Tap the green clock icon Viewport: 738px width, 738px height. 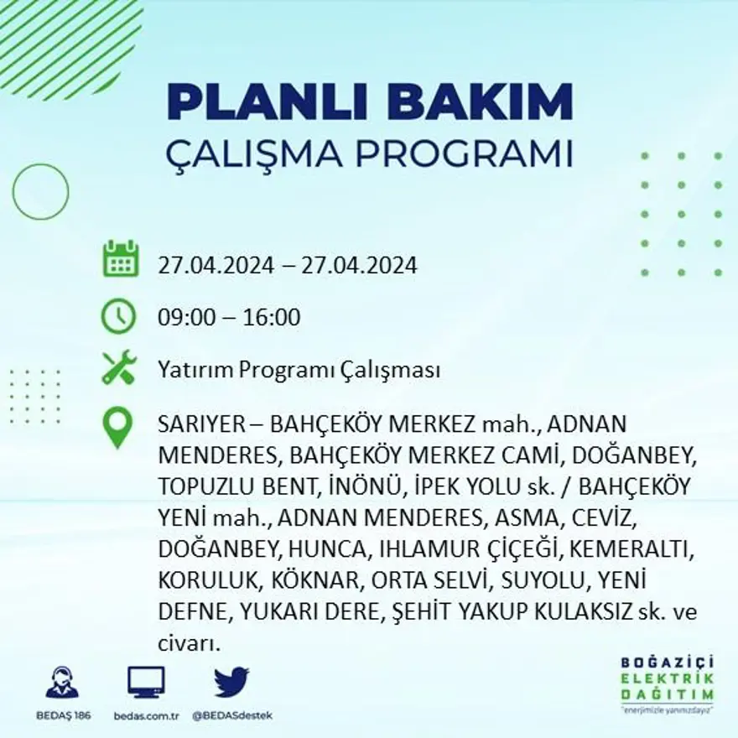pyautogui.click(x=118, y=316)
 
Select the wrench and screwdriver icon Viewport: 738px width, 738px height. pyautogui.click(x=118, y=368)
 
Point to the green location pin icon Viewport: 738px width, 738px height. pyautogui.click(x=117, y=427)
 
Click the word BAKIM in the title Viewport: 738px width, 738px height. pyautogui.click(x=480, y=102)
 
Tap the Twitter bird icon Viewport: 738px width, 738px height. pyautogui.click(x=231, y=682)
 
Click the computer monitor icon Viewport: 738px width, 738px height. pyautogui.click(x=146, y=682)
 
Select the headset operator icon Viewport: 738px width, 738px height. pyautogui.click(x=61, y=682)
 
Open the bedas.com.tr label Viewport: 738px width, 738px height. pyautogui.click(x=146, y=715)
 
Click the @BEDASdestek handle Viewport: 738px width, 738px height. pyautogui.click(x=231, y=715)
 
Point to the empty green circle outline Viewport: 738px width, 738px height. pyautogui.click(x=40, y=191)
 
